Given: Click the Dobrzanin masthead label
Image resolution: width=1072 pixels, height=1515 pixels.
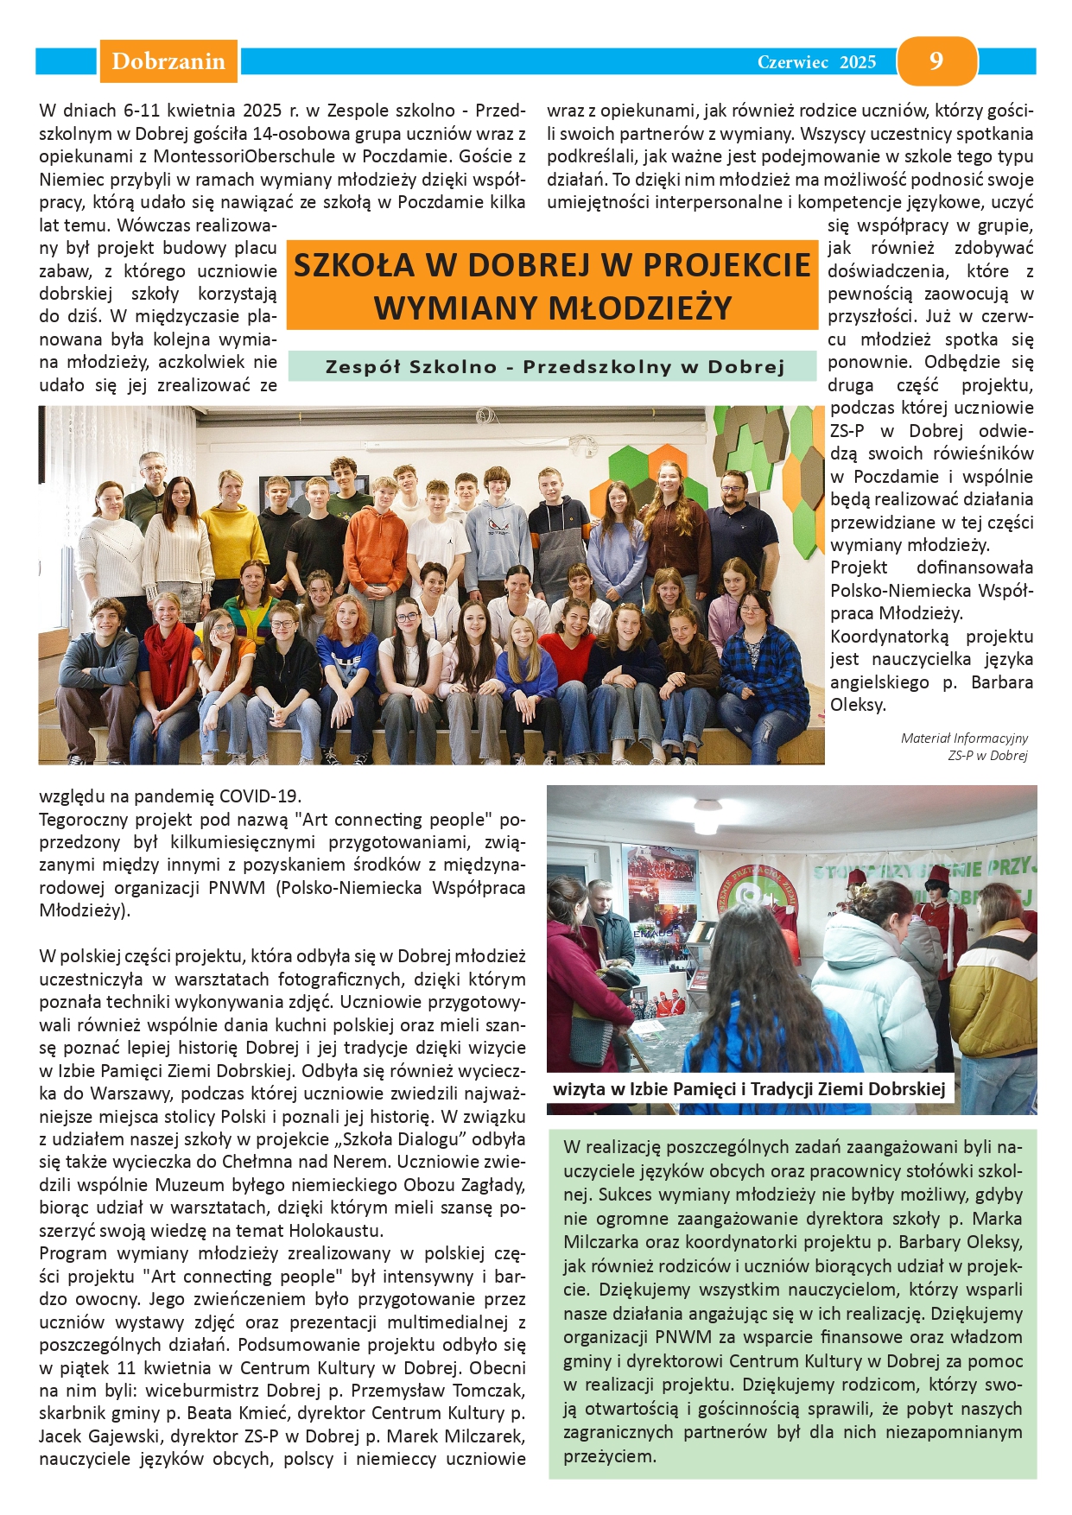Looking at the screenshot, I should click(168, 61).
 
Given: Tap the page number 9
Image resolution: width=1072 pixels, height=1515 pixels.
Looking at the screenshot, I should click(936, 60).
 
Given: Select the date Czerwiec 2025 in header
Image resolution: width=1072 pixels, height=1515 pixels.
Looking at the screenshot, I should click(816, 62).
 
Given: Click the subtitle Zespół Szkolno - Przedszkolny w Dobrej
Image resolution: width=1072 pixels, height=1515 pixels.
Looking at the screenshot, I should click(554, 366).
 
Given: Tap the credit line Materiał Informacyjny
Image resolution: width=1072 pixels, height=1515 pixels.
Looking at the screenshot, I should click(964, 738).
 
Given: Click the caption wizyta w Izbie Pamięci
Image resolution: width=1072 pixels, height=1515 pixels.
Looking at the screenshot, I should click(748, 1088).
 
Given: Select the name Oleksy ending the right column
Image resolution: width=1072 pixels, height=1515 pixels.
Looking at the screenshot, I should click(857, 705).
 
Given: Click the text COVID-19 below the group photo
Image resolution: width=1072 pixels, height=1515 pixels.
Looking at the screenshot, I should click(260, 796).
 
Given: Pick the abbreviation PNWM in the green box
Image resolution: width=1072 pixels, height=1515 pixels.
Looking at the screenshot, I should click(682, 1337).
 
